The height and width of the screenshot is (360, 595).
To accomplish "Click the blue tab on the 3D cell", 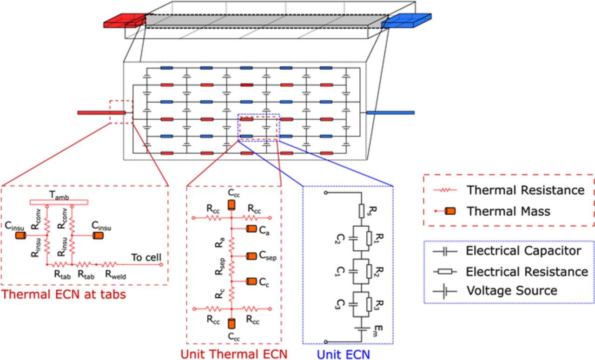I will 406,21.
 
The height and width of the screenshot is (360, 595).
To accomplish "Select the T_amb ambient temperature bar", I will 59,202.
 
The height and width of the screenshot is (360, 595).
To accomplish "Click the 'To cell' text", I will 146,257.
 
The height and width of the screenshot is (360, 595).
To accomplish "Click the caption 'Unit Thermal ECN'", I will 233,354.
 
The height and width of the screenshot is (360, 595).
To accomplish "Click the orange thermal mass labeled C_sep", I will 251,255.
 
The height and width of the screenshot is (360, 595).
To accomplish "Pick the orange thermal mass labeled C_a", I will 251,229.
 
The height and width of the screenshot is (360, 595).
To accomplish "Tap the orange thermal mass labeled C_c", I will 251,281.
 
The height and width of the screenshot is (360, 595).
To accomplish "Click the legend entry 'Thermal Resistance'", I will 525,190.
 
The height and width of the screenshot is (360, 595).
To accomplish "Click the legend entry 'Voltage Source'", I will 511,291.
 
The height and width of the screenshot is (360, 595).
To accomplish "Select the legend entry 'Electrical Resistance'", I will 527,271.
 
